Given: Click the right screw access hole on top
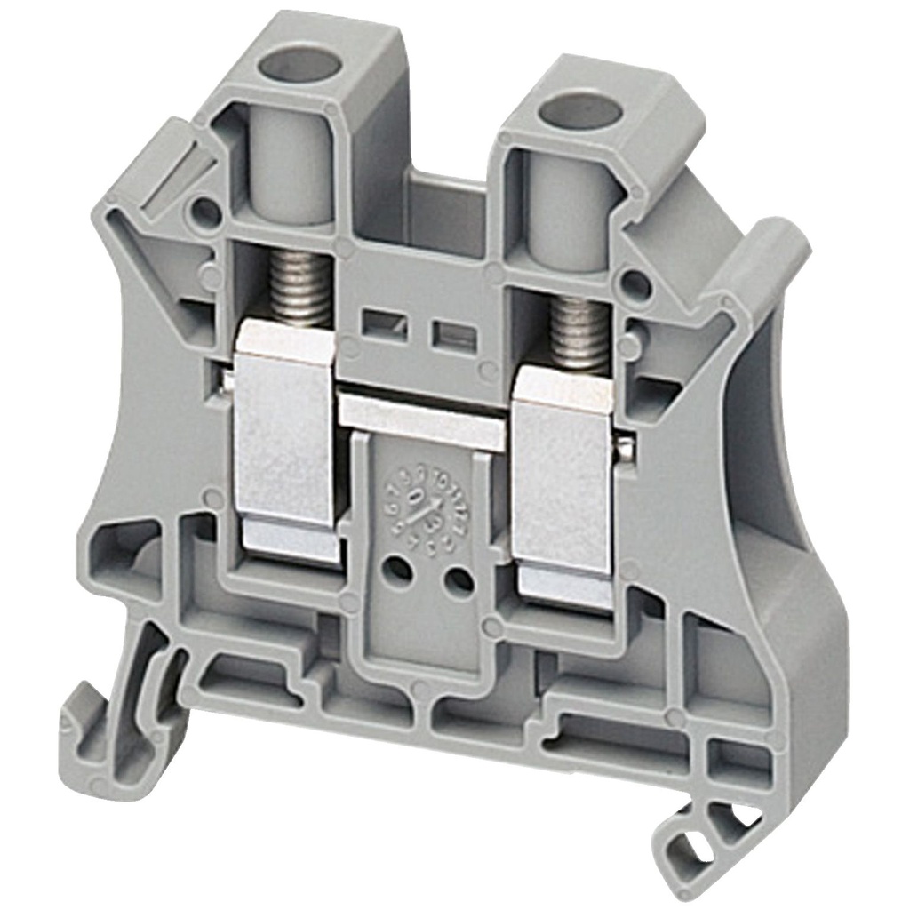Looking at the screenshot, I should (582, 113).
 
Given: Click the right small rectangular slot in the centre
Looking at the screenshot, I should (451, 335).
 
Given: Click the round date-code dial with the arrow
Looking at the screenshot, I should (425, 511).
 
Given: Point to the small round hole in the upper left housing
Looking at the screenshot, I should (205, 211).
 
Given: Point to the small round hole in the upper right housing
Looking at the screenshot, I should (635, 284).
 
